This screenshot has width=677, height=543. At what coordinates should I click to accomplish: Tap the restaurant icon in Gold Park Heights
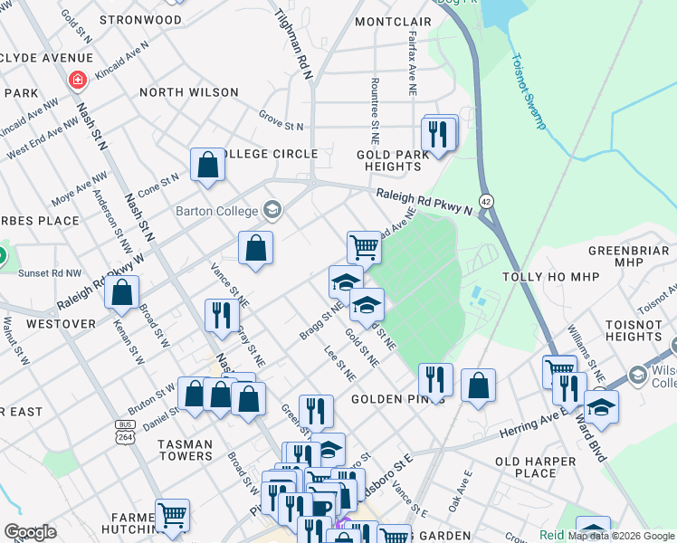click(439, 134)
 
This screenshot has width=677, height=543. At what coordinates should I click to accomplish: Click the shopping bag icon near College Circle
click(207, 165)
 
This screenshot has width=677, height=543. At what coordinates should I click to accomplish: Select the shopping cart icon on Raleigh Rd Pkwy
click(364, 245)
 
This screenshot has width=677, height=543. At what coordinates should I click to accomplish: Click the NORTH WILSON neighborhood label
click(189, 92)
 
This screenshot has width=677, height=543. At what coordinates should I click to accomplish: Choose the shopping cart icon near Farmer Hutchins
click(172, 516)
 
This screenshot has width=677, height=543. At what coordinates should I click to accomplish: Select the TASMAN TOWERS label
click(173, 450)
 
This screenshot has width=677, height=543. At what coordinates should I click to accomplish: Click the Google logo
click(30, 532)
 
